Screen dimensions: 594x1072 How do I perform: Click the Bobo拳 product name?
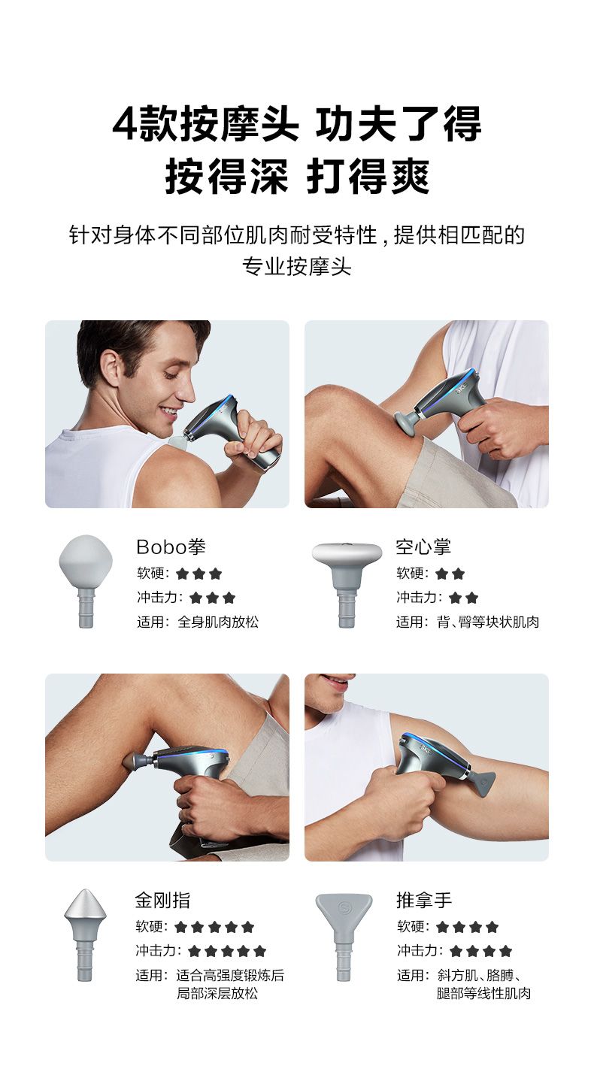[171, 547]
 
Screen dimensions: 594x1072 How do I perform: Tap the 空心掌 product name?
[423, 547]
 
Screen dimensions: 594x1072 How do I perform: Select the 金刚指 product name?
[162, 900]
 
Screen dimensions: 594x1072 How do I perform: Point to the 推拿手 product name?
[424, 900]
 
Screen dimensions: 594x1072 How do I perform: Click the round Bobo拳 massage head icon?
[86, 580]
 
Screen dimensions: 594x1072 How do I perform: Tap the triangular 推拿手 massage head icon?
[344, 936]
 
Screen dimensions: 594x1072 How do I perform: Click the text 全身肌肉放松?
[218, 622]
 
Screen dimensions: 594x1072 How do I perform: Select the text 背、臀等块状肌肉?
[488, 622]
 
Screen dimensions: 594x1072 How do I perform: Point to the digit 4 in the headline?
[125, 123]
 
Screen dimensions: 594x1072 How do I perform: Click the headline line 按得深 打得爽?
[297, 177]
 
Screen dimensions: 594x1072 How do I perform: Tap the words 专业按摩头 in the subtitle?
[297, 267]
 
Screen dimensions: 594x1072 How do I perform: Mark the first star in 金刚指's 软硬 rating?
[180, 927]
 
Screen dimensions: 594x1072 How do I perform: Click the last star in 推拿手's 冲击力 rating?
[505, 951]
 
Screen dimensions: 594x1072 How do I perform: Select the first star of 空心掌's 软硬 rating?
[442, 574]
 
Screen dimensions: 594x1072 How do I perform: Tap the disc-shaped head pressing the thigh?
[405, 422]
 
